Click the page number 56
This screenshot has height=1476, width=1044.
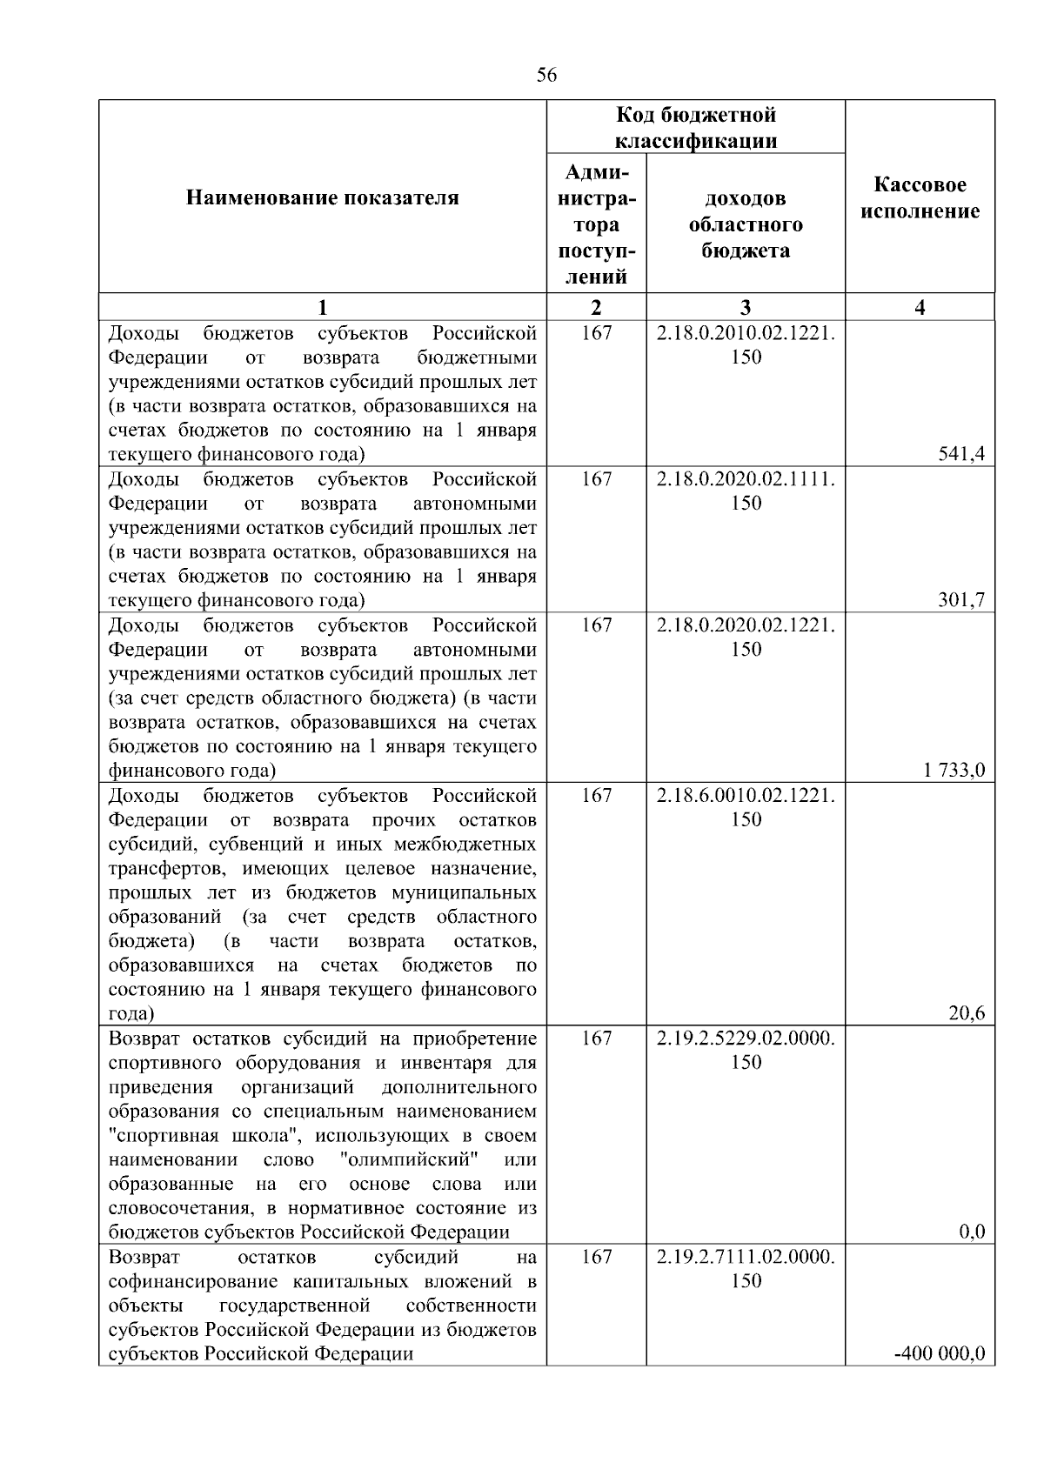(546, 75)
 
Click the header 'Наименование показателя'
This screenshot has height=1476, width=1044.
(322, 198)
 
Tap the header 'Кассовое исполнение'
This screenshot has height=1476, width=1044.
(920, 198)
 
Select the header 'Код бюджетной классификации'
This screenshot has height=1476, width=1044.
(695, 128)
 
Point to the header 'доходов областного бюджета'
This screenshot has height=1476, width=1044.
(746, 224)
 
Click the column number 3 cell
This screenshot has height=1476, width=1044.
(746, 307)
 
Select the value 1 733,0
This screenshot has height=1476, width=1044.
(954, 769)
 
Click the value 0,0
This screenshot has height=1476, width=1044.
(971, 1232)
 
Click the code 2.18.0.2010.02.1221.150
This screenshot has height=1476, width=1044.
(746, 345)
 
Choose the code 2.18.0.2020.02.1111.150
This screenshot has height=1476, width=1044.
(746, 491)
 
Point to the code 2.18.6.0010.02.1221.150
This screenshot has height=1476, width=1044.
(746, 807)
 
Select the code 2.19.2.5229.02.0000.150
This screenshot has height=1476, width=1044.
(746, 1050)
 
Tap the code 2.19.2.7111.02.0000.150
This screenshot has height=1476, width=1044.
(746, 1269)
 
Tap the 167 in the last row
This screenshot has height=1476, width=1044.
(596, 1257)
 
